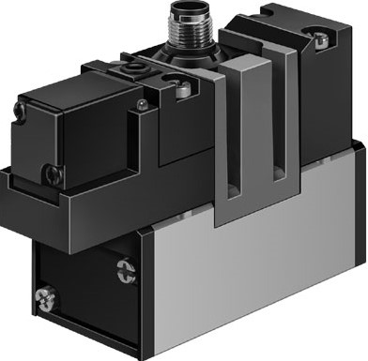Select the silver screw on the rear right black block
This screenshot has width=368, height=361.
coord(322,38)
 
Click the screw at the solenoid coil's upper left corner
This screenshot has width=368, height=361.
coord(20,111)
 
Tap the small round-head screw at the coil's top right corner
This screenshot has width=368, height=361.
coord(140,103)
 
